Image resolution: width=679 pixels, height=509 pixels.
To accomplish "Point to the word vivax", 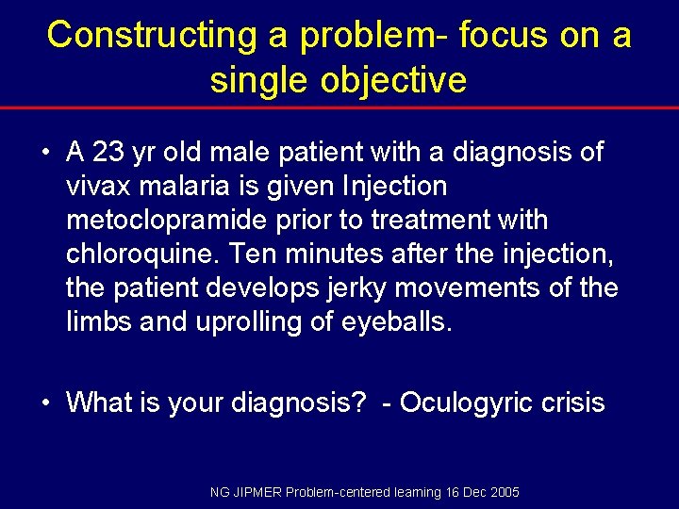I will [98, 186].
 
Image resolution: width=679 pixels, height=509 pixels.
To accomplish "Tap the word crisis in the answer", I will [571, 402].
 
